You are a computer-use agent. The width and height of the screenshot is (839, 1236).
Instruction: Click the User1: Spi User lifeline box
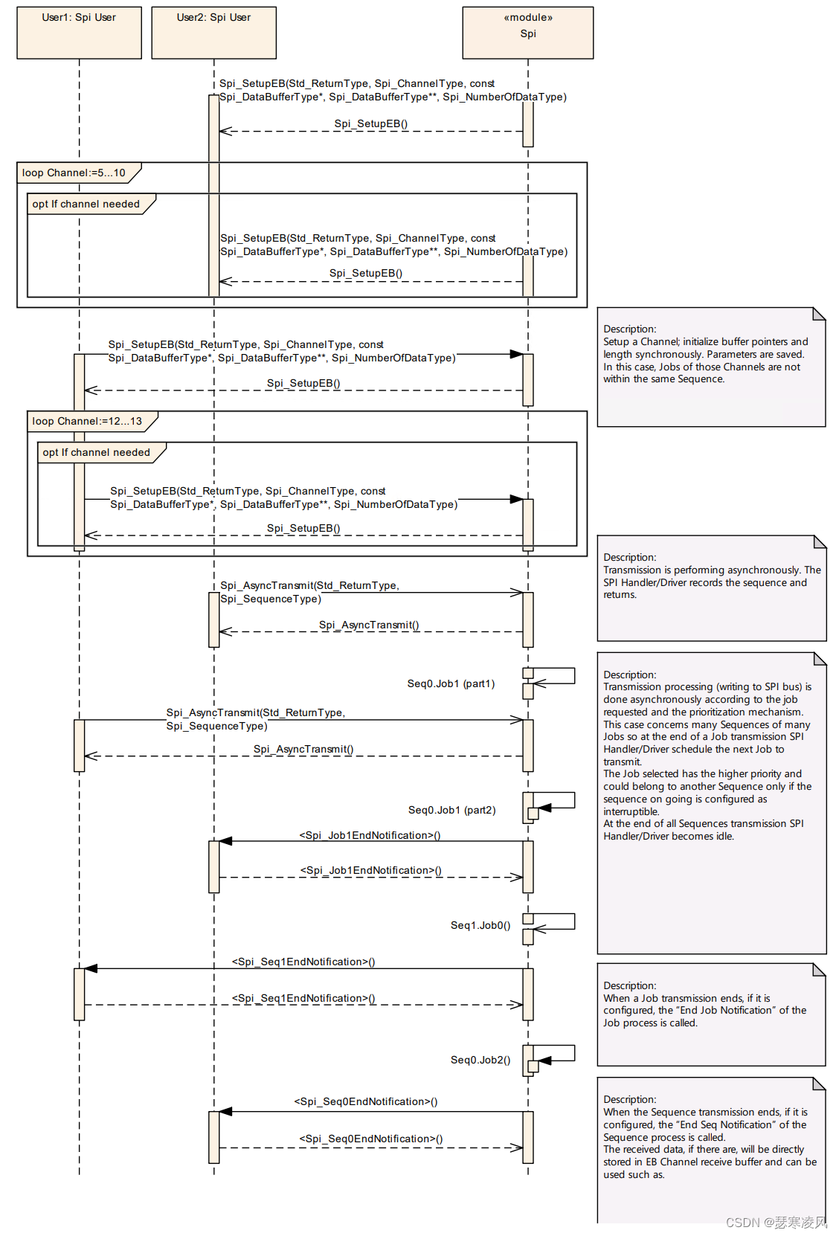79,33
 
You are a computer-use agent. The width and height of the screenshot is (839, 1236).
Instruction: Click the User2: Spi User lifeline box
213,33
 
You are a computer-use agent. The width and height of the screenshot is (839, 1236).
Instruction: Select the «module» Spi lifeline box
527,33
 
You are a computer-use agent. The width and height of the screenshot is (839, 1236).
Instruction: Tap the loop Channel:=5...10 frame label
74,173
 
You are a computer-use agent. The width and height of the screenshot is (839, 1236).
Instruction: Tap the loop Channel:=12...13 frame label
87,421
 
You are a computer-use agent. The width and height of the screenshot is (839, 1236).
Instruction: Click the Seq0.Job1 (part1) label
451,683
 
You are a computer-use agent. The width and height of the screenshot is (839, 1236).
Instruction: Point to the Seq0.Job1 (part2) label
451,810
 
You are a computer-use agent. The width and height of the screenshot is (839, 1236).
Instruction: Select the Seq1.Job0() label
480,925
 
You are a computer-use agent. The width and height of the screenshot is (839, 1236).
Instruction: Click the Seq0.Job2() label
480,1060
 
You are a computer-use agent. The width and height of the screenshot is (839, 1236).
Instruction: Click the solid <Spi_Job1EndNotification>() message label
370,835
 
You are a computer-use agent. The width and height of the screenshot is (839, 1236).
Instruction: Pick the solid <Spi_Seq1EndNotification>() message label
303,962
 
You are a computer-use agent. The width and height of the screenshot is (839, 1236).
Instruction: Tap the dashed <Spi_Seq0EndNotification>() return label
370,1139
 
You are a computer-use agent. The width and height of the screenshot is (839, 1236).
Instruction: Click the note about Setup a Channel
711,367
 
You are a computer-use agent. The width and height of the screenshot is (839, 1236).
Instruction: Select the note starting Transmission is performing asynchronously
711,588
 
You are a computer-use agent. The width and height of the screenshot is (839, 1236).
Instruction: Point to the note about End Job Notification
711,1014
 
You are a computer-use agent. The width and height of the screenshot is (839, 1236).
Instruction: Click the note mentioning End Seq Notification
711,1149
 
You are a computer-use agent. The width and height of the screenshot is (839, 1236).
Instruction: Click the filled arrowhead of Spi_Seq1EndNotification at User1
91,968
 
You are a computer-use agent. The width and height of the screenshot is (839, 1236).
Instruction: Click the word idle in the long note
725,836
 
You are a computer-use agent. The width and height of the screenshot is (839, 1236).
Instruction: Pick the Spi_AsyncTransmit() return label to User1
303,749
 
